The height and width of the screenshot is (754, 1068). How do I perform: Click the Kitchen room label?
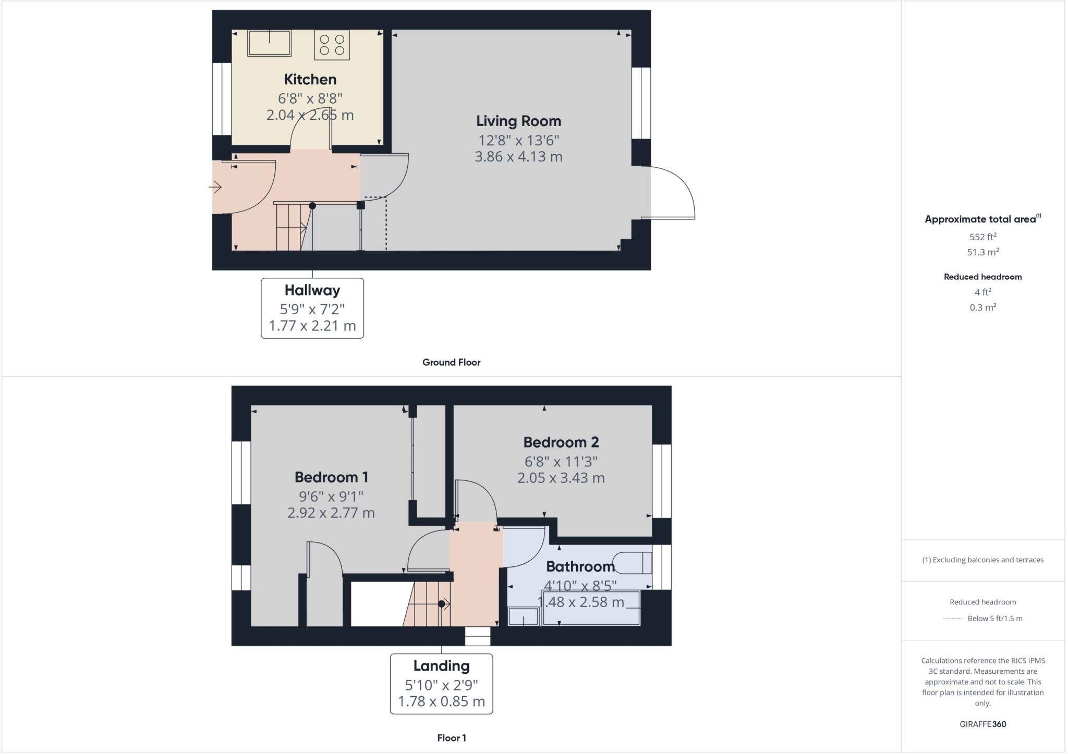pyautogui.click(x=310, y=80)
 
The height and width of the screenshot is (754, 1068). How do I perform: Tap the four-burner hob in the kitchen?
pyautogui.click(x=332, y=45)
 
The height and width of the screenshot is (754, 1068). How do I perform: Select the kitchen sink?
pyautogui.click(x=269, y=43)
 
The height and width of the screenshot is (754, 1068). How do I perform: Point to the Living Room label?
pyautogui.click(x=518, y=121)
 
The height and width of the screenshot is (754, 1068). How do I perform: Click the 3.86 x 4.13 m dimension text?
pyautogui.click(x=518, y=157)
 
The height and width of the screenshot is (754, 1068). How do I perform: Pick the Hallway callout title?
pyautogui.click(x=312, y=290)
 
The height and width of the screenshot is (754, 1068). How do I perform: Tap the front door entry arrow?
pyautogui.click(x=216, y=187)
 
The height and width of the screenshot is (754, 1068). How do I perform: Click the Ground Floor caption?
pyautogui.click(x=451, y=363)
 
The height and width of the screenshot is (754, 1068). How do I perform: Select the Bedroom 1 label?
pyautogui.click(x=331, y=477)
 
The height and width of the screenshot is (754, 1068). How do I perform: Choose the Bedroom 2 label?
pyautogui.click(x=561, y=442)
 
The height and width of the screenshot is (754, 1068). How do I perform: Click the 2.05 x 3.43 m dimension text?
pyautogui.click(x=561, y=478)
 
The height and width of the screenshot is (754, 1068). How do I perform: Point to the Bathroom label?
pyautogui.click(x=580, y=566)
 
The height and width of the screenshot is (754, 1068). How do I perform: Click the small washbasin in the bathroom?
pyautogui.click(x=523, y=617)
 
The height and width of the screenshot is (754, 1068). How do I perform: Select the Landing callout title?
pyautogui.click(x=441, y=666)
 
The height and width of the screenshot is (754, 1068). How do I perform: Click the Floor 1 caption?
pyautogui.click(x=452, y=738)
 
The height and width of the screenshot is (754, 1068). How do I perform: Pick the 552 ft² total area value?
pyautogui.click(x=982, y=237)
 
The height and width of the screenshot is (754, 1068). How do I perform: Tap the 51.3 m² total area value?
pyautogui.click(x=982, y=252)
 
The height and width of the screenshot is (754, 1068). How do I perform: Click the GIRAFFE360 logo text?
pyautogui.click(x=982, y=724)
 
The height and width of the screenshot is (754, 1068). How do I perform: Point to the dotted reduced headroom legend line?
pyautogui.click(x=952, y=619)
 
